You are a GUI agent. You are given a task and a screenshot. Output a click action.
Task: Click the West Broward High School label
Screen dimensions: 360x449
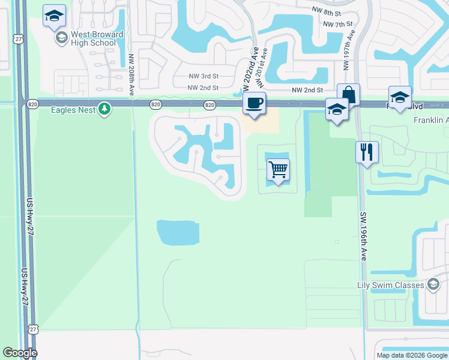tap(97, 38)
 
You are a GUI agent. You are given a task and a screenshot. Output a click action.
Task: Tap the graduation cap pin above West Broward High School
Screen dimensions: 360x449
tap(55, 17)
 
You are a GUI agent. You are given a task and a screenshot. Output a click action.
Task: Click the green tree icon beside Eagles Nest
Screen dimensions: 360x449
tap(105, 109)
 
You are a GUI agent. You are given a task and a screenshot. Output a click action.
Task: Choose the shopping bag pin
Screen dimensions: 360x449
tap(348, 95)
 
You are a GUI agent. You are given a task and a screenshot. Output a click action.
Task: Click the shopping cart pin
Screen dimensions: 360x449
tap(278, 170)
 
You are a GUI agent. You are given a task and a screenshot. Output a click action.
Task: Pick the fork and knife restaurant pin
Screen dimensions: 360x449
tap(367, 151)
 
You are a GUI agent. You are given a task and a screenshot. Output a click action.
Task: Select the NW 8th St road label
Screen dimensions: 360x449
tap(327, 11)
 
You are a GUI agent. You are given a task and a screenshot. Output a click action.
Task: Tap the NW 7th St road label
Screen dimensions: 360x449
tap(337, 24)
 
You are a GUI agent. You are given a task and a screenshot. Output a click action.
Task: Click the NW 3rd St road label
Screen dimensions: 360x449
tap(202, 76)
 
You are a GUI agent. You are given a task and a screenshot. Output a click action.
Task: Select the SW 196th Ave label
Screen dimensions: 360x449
tap(363, 236)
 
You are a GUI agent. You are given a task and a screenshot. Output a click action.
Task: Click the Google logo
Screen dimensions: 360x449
tap(20, 353)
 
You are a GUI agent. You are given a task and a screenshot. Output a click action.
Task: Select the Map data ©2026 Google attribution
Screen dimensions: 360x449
tap(412, 355)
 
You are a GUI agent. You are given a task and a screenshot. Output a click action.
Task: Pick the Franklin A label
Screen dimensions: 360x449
tap(431, 120)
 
